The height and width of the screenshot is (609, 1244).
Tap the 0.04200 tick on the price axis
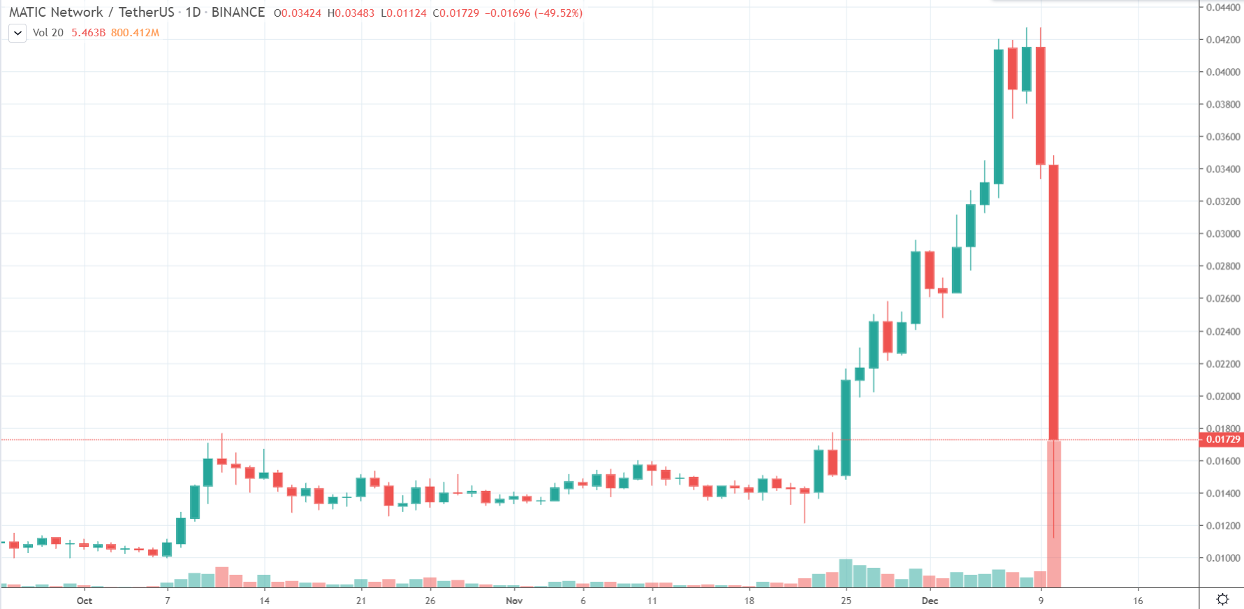[x=1223, y=40]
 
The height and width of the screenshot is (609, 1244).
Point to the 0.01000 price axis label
[x=1223, y=558]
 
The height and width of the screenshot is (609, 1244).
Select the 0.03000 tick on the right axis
[x=1223, y=234]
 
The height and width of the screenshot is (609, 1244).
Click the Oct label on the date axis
[x=85, y=601]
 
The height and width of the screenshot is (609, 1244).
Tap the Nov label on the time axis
[x=514, y=601]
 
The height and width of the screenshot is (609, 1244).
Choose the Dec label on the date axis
[x=930, y=601]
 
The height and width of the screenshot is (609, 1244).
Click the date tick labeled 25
[x=846, y=601]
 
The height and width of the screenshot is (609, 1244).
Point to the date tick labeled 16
[x=1138, y=601]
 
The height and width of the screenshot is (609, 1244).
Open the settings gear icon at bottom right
[x=1222, y=599]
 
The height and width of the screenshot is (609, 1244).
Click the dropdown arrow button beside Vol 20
[x=17, y=33]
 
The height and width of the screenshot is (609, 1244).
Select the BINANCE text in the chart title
[x=238, y=13]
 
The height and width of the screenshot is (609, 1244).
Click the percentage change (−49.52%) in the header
[x=558, y=13]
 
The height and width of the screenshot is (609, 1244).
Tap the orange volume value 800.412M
[x=135, y=33]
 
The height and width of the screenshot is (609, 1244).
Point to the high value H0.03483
[x=351, y=13]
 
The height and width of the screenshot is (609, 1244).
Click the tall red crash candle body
[x=1054, y=300]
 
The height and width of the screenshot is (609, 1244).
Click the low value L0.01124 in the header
[x=404, y=13]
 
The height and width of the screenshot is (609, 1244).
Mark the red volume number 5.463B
[x=88, y=33]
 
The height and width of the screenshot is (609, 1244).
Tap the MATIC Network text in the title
[x=56, y=13]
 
